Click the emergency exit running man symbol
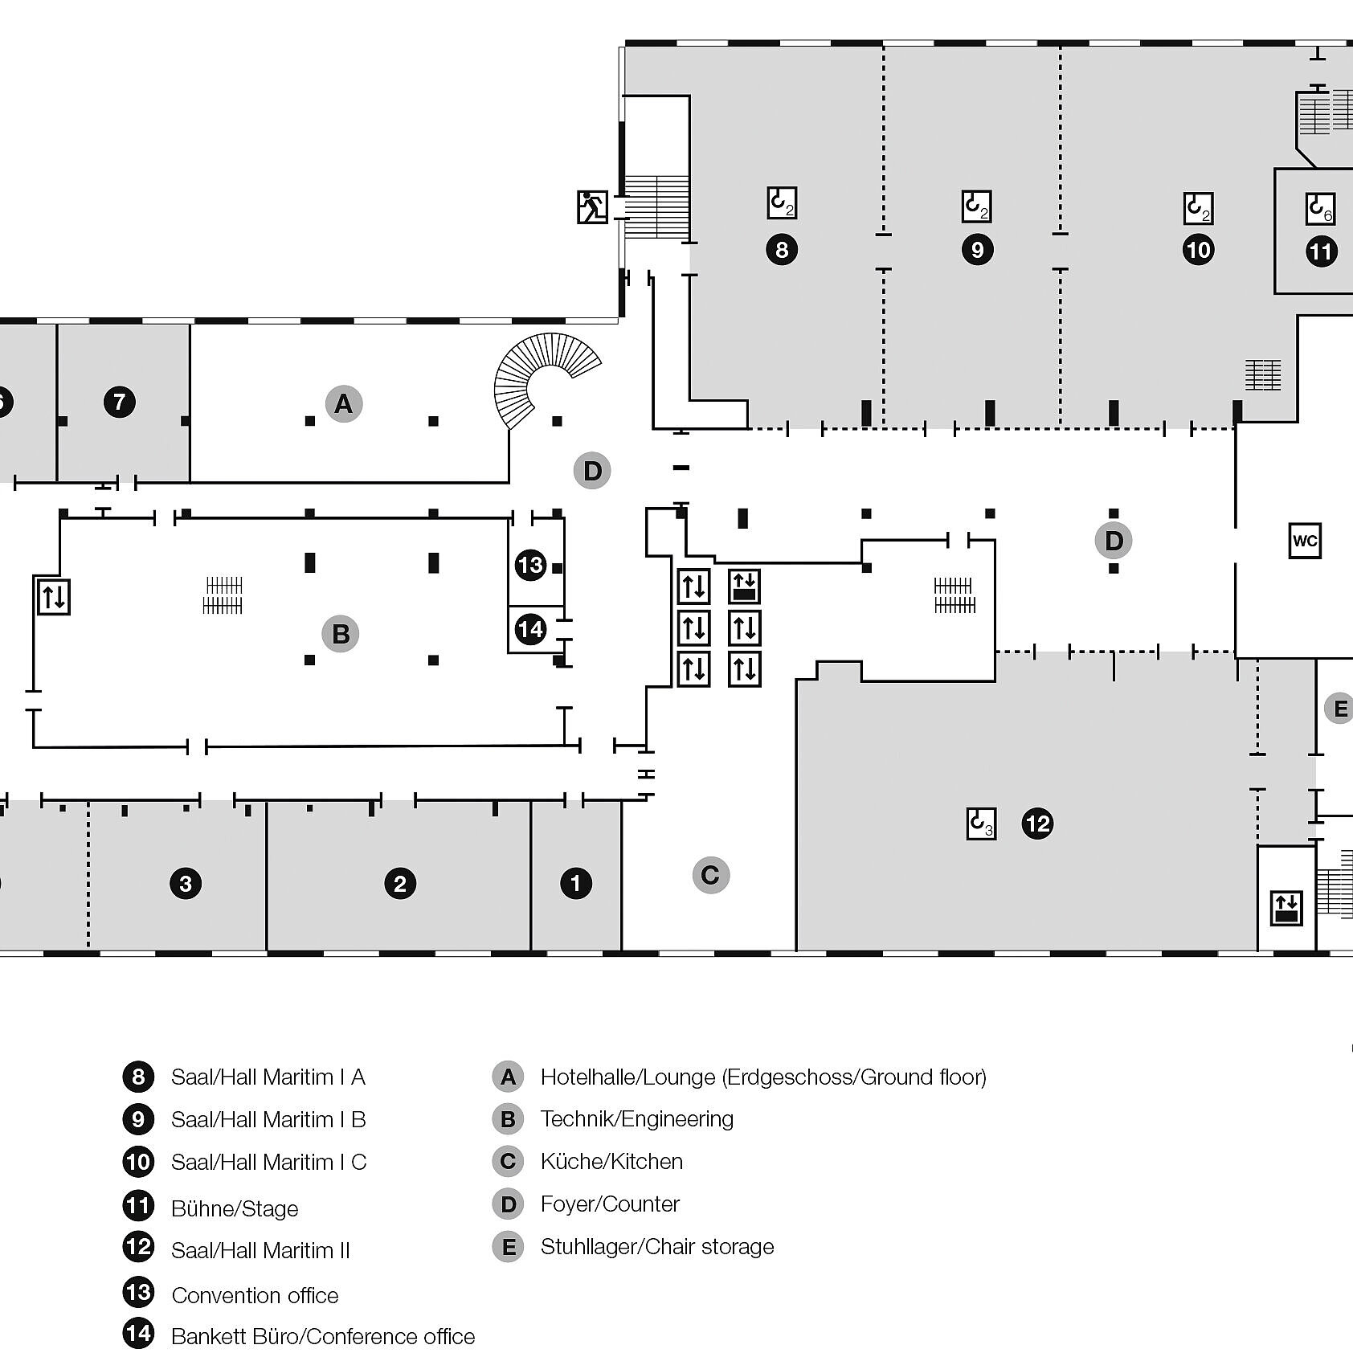coord(592,206)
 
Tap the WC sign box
coord(1305,541)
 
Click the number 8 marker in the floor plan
coord(782,249)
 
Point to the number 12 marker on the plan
coord(1037,824)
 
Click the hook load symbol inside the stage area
coord(1320,209)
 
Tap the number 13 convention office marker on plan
coord(530,565)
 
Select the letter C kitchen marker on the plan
coord(710,875)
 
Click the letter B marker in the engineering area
coord(341,634)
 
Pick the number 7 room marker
coord(120,402)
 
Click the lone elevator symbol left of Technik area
coord(55,597)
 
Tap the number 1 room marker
coord(575,884)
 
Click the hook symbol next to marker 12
coord(981,824)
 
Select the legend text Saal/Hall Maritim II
coord(260,1250)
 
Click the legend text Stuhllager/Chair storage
coord(656,1246)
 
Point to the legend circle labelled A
coord(508,1077)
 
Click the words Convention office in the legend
coord(255,1295)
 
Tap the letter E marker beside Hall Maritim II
coord(1339,709)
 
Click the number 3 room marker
coord(186,884)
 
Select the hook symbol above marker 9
coord(977,206)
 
